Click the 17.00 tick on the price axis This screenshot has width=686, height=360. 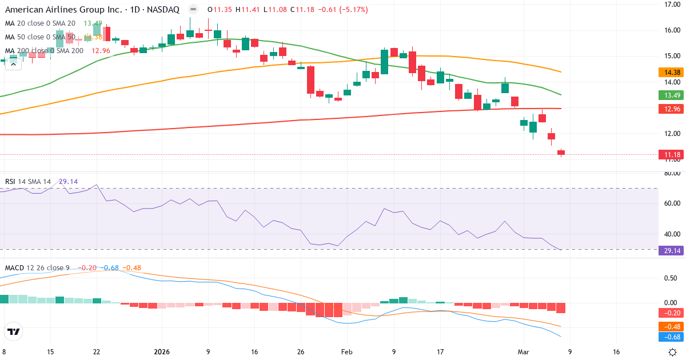coord(671,5)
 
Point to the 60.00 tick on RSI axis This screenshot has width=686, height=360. coord(671,203)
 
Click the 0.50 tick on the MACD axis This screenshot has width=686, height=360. coord(671,278)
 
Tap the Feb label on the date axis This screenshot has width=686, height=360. coord(347,352)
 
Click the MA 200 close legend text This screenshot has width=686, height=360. coord(44,51)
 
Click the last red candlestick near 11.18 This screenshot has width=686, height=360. coord(561,152)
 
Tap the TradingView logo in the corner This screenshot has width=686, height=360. coord(14,331)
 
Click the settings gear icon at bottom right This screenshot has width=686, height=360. coord(673,352)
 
